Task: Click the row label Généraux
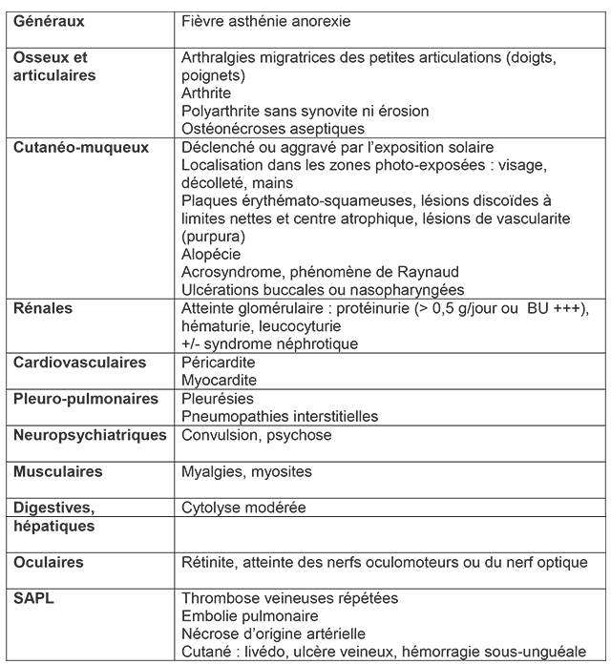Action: click(x=48, y=20)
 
